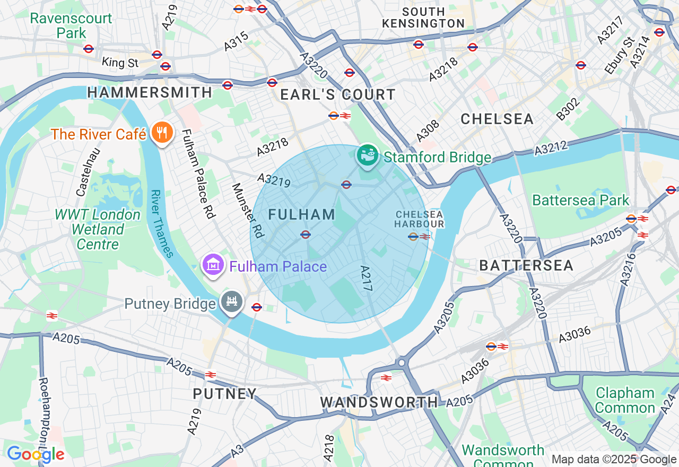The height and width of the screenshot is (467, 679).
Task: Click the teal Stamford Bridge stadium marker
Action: (x=368, y=154)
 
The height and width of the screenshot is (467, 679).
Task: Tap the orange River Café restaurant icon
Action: (x=159, y=132)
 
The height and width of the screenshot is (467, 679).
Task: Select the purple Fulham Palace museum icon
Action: (x=212, y=264)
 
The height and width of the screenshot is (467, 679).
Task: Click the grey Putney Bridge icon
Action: (x=232, y=302)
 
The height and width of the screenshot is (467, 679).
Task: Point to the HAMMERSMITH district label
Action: (x=150, y=92)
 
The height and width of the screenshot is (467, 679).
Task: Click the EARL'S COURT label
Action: (x=338, y=95)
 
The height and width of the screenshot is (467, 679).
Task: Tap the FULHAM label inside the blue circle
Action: (x=302, y=214)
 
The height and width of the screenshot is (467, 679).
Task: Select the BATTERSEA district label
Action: (x=526, y=265)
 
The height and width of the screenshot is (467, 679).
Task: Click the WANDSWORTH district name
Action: (x=379, y=402)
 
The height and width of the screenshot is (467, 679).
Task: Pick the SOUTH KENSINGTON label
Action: (x=423, y=18)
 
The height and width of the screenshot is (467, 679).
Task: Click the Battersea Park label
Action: (x=580, y=201)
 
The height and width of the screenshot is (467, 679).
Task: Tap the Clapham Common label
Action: (x=625, y=400)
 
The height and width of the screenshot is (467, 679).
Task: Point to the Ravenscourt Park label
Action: (x=71, y=25)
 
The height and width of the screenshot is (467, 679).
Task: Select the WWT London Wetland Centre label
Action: (x=98, y=229)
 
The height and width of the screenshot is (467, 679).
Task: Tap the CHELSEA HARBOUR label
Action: (x=419, y=219)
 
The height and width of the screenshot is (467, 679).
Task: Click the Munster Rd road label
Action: (x=247, y=211)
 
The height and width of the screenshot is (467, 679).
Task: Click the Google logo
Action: (x=36, y=454)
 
